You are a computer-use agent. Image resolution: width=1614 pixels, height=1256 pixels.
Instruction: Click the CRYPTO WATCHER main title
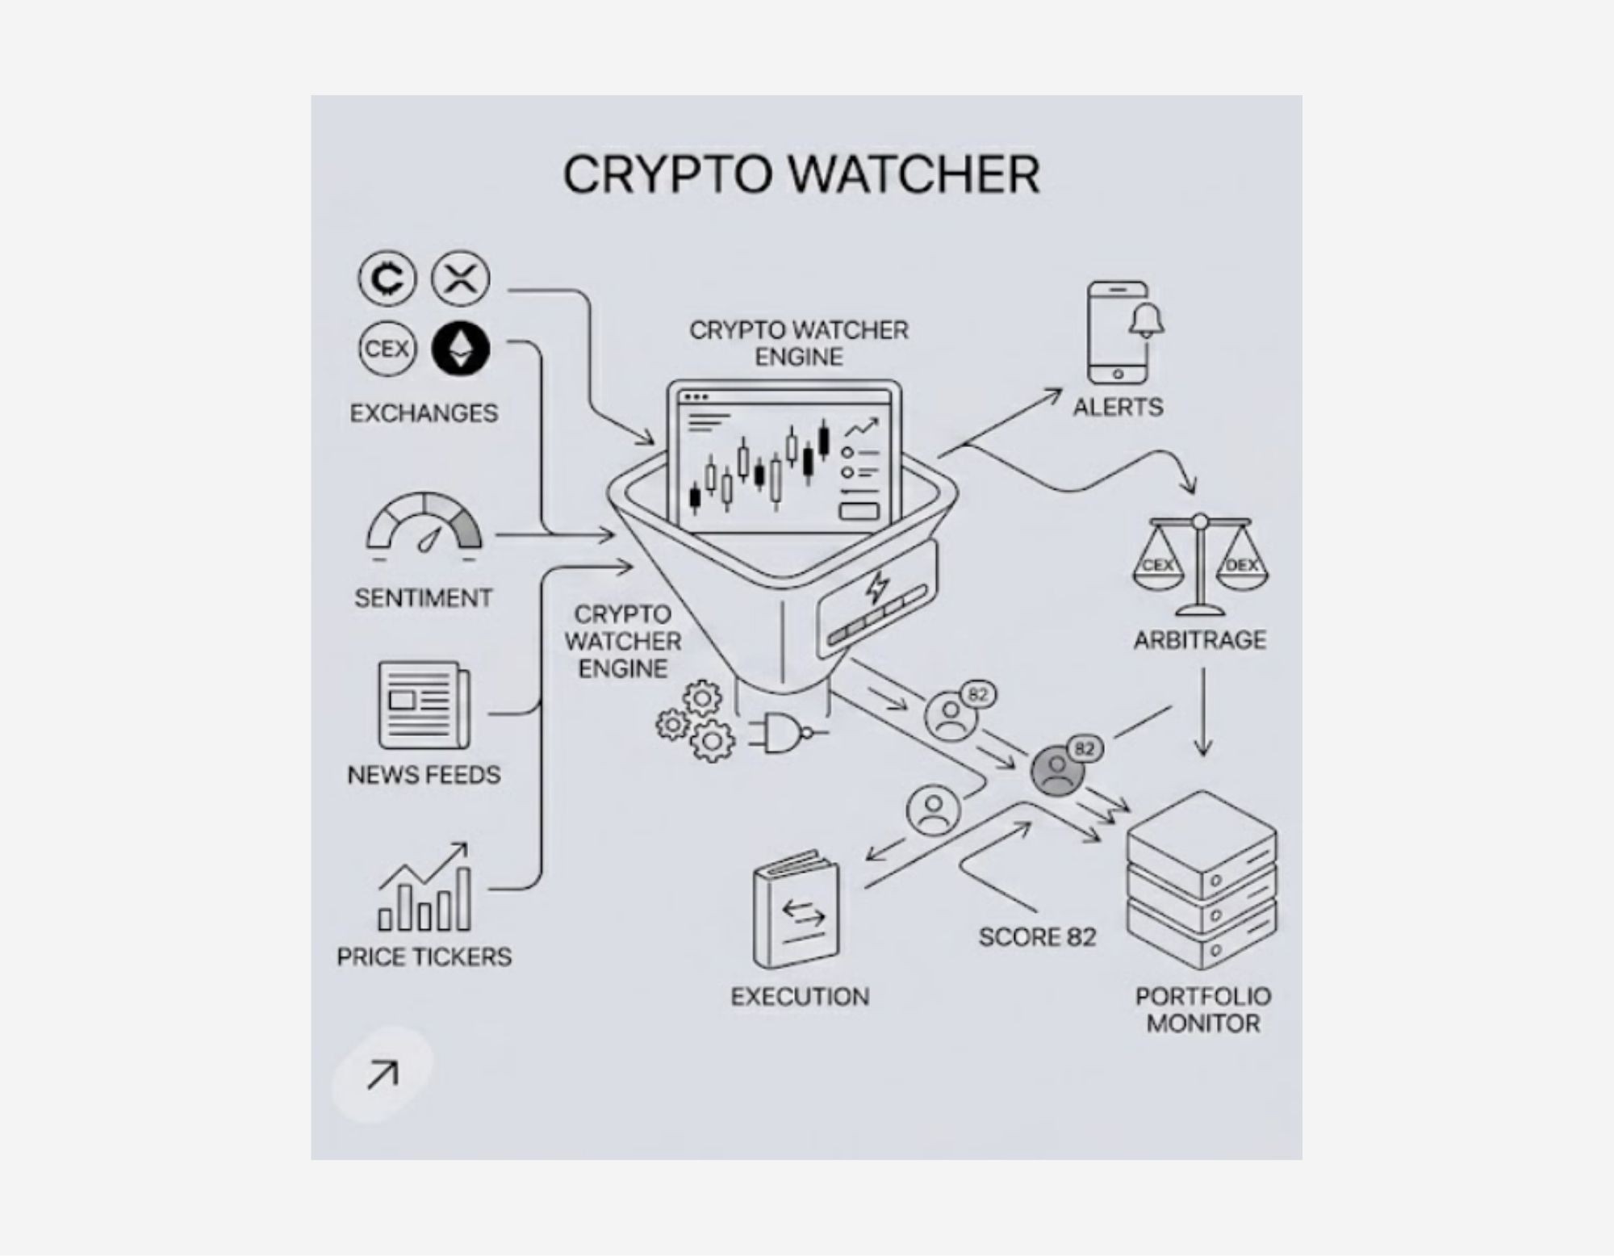pyautogui.click(x=801, y=174)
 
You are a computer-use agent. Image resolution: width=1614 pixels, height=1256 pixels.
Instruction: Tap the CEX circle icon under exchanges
pyautogui.click(x=387, y=349)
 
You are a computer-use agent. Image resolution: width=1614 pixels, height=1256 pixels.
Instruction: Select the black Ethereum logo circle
pyautogui.click(x=460, y=349)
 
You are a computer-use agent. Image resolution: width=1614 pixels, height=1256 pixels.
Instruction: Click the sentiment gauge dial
pyautogui.click(x=424, y=525)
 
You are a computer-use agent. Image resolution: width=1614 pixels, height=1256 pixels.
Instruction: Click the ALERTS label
pyautogui.click(x=1118, y=407)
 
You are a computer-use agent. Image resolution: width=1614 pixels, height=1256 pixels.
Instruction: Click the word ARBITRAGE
pyautogui.click(x=1200, y=640)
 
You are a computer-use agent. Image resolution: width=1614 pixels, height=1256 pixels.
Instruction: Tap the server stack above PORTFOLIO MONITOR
pyautogui.click(x=1202, y=880)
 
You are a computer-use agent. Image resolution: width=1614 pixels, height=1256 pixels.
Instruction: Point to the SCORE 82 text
pyautogui.click(x=1037, y=937)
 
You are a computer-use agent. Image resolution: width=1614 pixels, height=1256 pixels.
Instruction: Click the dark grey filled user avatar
pyautogui.click(x=1056, y=772)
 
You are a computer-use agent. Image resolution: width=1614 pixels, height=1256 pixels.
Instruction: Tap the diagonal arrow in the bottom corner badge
pyautogui.click(x=383, y=1075)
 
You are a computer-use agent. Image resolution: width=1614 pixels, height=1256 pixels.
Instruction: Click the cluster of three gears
pyautogui.click(x=696, y=722)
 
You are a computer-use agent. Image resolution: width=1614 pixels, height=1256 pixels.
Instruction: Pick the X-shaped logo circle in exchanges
pyautogui.click(x=460, y=279)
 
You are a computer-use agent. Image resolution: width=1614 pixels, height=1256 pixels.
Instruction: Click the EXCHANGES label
pyautogui.click(x=424, y=413)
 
